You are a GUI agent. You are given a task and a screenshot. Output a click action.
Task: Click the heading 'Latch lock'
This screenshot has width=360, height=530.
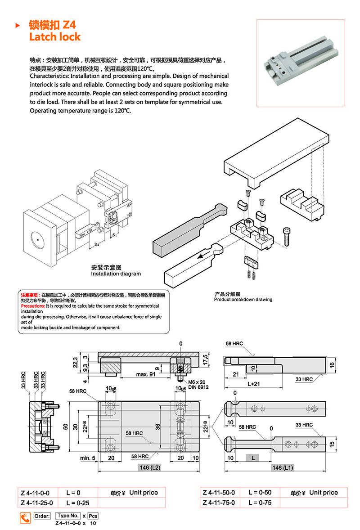[x=55, y=36]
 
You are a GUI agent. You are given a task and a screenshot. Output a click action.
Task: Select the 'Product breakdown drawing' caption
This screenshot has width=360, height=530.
[x=243, y=300]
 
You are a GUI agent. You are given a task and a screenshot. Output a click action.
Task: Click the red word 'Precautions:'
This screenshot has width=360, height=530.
[x=30, y=305]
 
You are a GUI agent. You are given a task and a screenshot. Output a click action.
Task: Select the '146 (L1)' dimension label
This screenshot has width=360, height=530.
[x=283, y=468]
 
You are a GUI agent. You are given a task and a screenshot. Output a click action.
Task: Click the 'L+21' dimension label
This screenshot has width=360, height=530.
[x=254, y=384]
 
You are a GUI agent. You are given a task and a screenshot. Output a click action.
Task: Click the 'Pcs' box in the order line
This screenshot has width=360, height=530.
[x=93, y=516]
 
